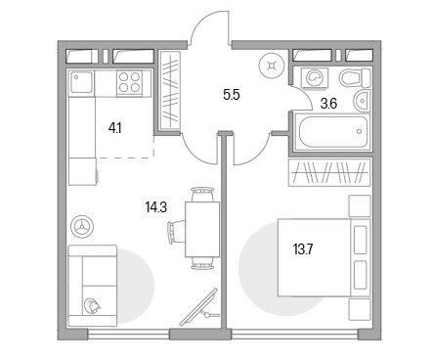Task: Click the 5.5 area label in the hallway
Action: [232, 96]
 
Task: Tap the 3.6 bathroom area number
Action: [328, 104]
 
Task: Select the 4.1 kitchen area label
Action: [115, 128]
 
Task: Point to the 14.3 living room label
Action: [156, 207]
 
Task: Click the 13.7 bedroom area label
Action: [303, 250]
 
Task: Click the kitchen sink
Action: [82, 81]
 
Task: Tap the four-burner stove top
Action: [129, 82]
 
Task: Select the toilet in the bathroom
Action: [355, 77]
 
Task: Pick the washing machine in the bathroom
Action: [315, 78]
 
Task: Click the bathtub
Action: [332, 132]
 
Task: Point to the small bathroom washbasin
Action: [362, 101]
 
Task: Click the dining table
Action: [202, 230]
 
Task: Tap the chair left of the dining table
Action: [176, 232]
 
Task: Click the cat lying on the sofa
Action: [92, 306]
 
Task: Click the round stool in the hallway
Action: [272, 67]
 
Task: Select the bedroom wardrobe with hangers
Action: [329, 172]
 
